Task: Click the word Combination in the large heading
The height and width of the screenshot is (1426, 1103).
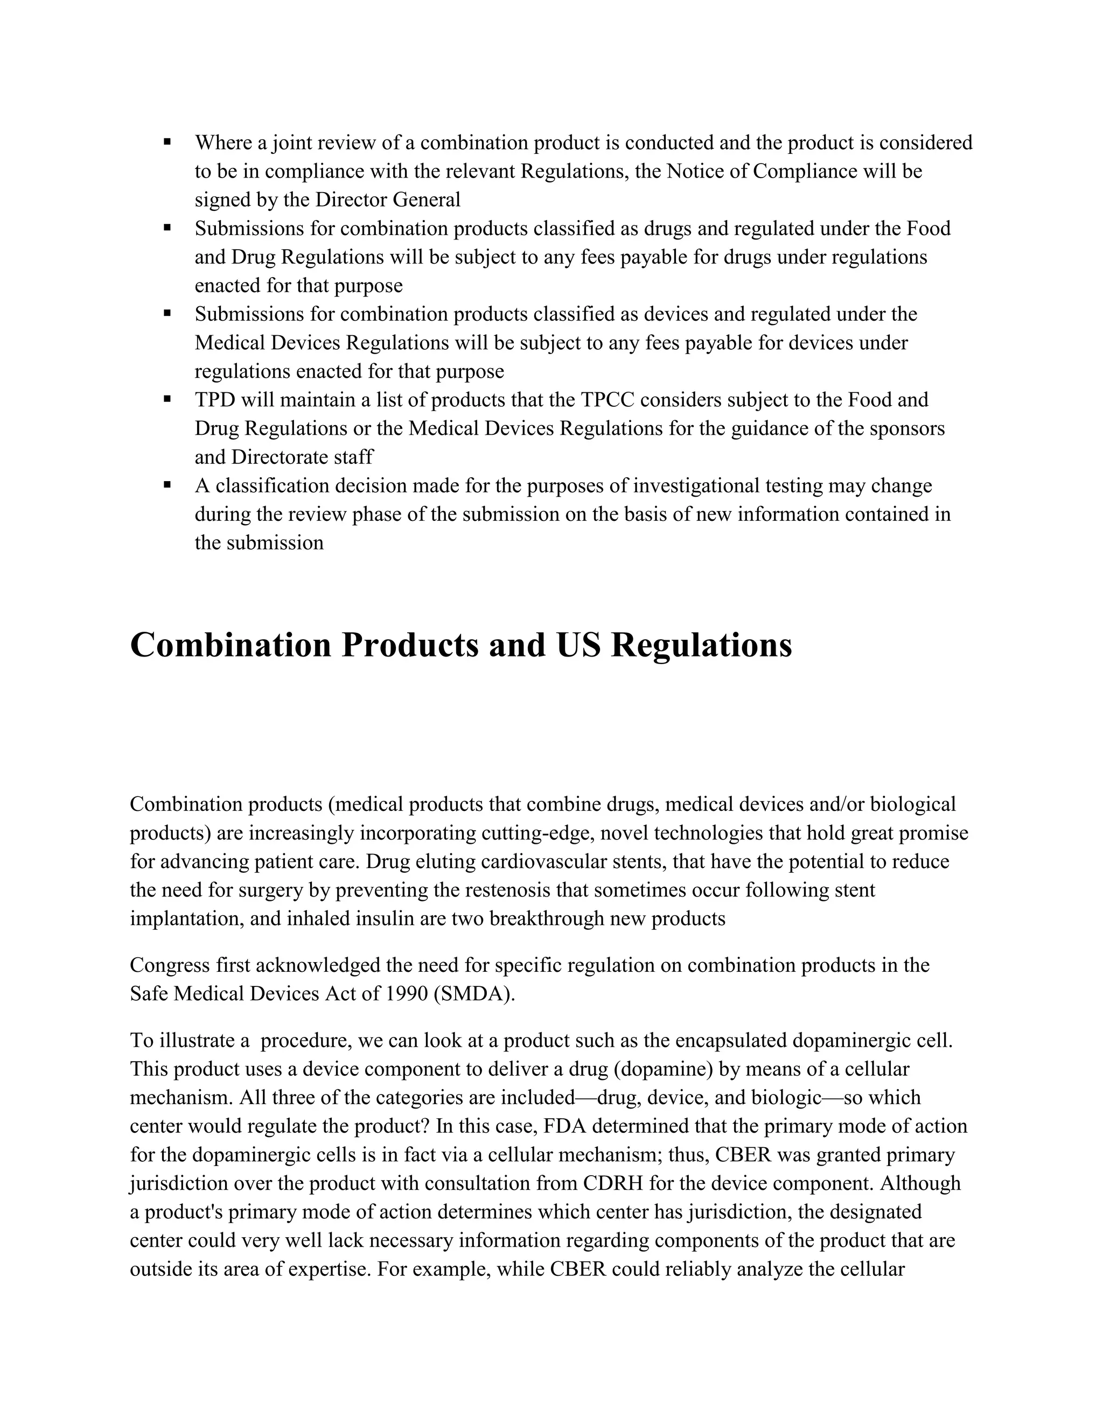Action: [231, 645]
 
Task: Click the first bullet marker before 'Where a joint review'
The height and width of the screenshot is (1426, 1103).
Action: [167, 142]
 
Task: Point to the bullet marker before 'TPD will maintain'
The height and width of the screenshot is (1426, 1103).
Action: [167, 398]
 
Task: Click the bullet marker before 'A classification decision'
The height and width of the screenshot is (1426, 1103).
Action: [167, 484]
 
